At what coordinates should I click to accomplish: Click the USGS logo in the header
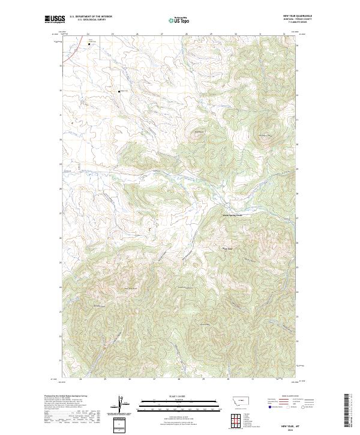click(55, 20)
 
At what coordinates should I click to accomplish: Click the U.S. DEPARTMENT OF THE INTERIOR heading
click(91, 16)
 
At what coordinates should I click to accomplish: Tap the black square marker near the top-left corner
click(89, 44)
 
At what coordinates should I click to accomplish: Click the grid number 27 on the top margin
click(162, 34)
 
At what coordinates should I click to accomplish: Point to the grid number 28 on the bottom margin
click(179, 379)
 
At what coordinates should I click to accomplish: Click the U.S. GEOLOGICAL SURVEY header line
click(87, 19)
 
